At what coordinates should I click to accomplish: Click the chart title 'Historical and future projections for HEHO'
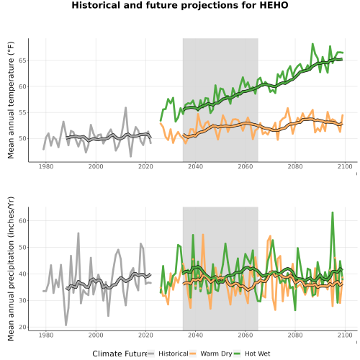[180, 5]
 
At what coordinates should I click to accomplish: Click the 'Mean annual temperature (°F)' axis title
[11, 100]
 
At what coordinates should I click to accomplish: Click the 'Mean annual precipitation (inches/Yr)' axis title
[11, 269]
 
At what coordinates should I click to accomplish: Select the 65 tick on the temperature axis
[22, 60]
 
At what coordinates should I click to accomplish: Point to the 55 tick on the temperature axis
[22, 112]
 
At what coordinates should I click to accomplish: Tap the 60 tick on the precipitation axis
[22, 220]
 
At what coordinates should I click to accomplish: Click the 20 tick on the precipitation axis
[22, 327]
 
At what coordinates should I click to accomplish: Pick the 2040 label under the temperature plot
[195, 166]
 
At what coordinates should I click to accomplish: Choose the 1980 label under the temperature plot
[46, 166]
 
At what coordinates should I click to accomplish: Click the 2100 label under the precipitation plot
[345, 335]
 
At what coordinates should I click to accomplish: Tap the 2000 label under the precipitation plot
[96, 335]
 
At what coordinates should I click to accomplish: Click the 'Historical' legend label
[174, 354]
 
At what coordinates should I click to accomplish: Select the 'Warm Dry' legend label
[216, 354]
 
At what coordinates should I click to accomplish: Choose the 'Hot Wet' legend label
[257, 354]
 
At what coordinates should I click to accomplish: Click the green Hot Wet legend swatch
[237, 354]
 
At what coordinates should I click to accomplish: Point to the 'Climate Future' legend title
[120, 354]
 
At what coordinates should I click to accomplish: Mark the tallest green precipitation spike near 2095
[333, 212]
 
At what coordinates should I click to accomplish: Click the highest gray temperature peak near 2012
[125, 107]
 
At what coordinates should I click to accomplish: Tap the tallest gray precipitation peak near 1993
[78, 233]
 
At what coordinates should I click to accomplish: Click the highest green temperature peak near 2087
[312, 44]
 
